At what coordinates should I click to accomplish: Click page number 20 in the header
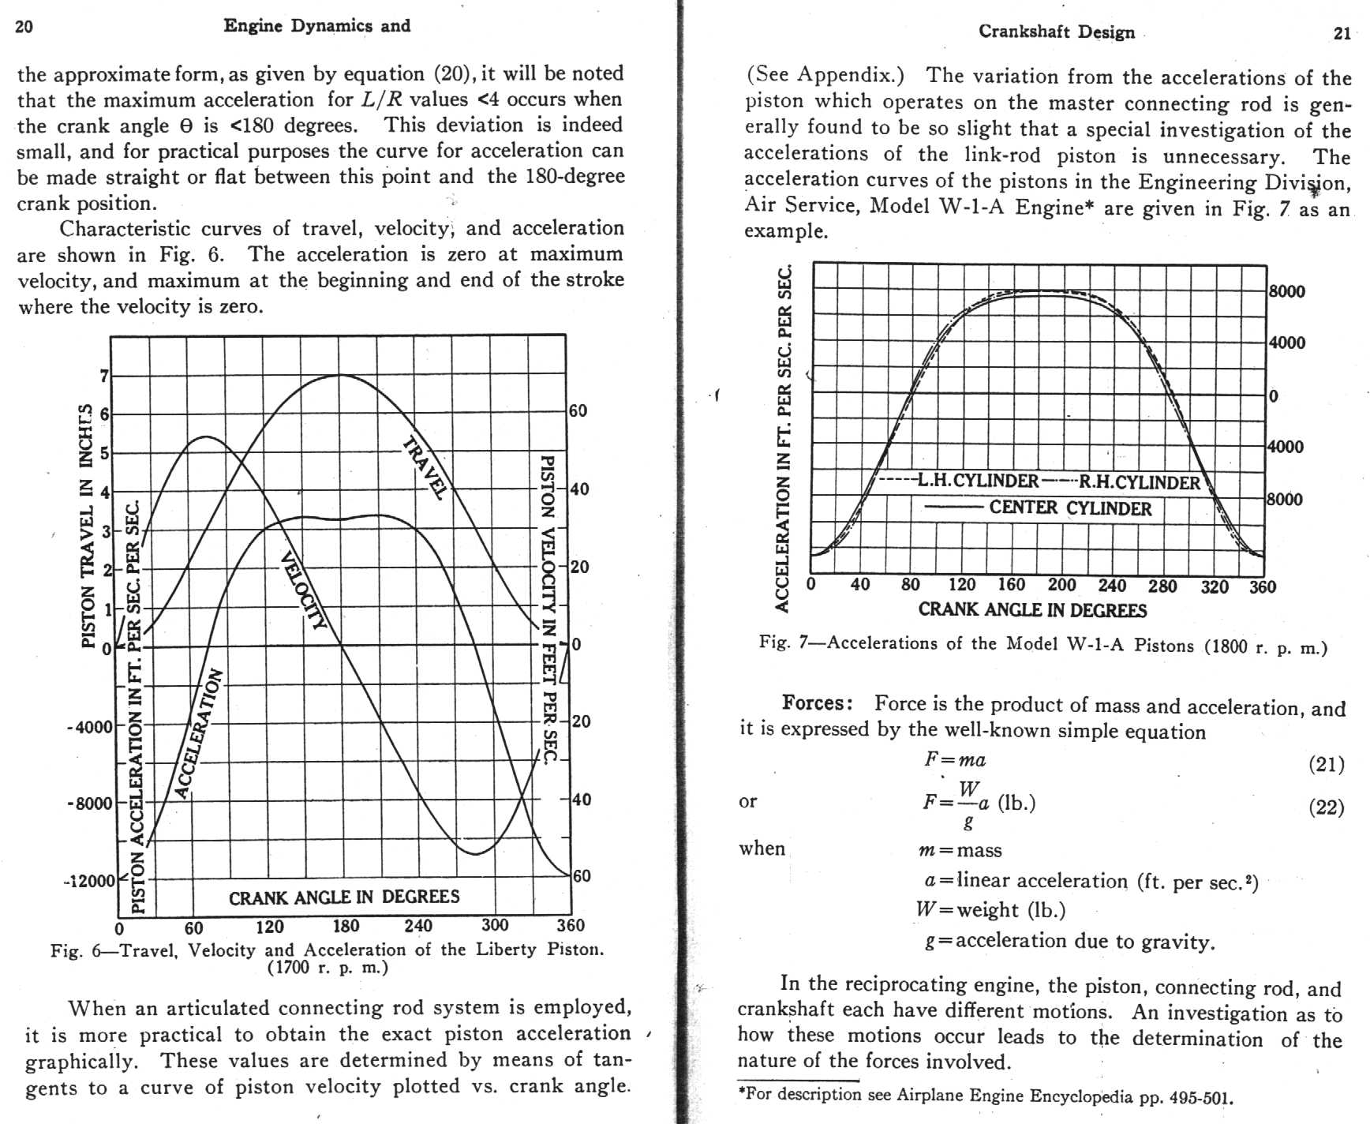click(24, 27)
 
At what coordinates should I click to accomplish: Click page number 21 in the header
click(1342, 33)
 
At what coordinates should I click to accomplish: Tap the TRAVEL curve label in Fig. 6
click(425, 466)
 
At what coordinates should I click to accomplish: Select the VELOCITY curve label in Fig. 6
click(303, 590)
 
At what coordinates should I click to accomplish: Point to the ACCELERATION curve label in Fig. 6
click(197, 733)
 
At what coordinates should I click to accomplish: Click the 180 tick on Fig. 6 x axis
click(346, 926)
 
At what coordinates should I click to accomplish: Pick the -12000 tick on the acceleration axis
click(89, 881)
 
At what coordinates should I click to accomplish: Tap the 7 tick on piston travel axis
click(104, 376)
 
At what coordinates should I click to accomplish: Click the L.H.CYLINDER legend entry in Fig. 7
click(978, 481)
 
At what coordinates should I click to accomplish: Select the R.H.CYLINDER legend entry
click(1139, 482)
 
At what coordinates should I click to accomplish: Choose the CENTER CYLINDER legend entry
click(1070, 508)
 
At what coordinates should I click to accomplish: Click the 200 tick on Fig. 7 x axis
click(1061, 585)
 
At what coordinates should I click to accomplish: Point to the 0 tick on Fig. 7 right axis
click(1273, 396)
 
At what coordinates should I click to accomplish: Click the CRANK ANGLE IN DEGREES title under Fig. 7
click(1032, 610)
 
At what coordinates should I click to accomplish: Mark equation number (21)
click(1326, 764)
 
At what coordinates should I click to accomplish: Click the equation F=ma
click(955, 760)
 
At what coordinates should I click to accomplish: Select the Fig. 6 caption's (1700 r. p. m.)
click(328, 967)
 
